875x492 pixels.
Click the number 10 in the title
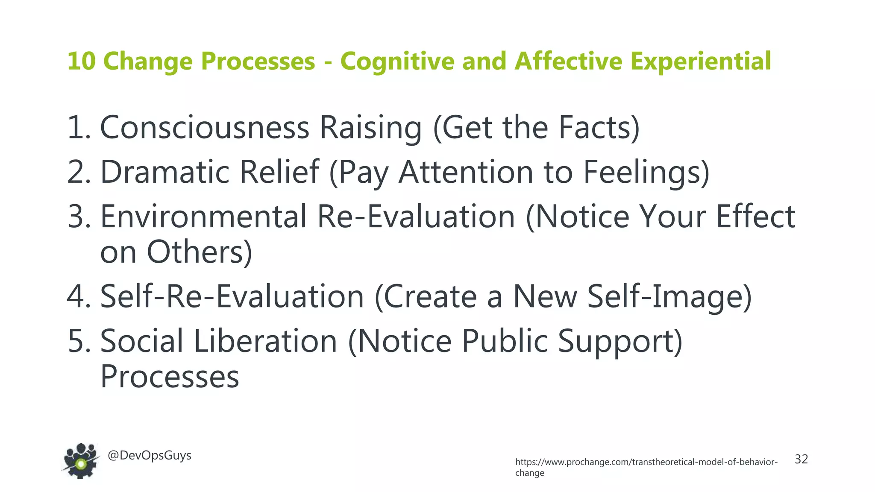[x=81, y=61]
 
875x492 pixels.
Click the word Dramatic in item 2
[x=167, y=172]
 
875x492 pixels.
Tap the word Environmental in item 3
[x=203, y=216]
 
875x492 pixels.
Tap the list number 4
[x=78, y=296]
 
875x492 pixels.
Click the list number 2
[x=78, y=172]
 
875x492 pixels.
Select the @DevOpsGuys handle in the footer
[x=150, y=455]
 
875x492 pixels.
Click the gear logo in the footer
[x=81, y=461]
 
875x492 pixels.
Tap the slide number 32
[x=801, y=459]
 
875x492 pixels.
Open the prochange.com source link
[x=646, y=462]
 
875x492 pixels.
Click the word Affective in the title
[x=568, y=61]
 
